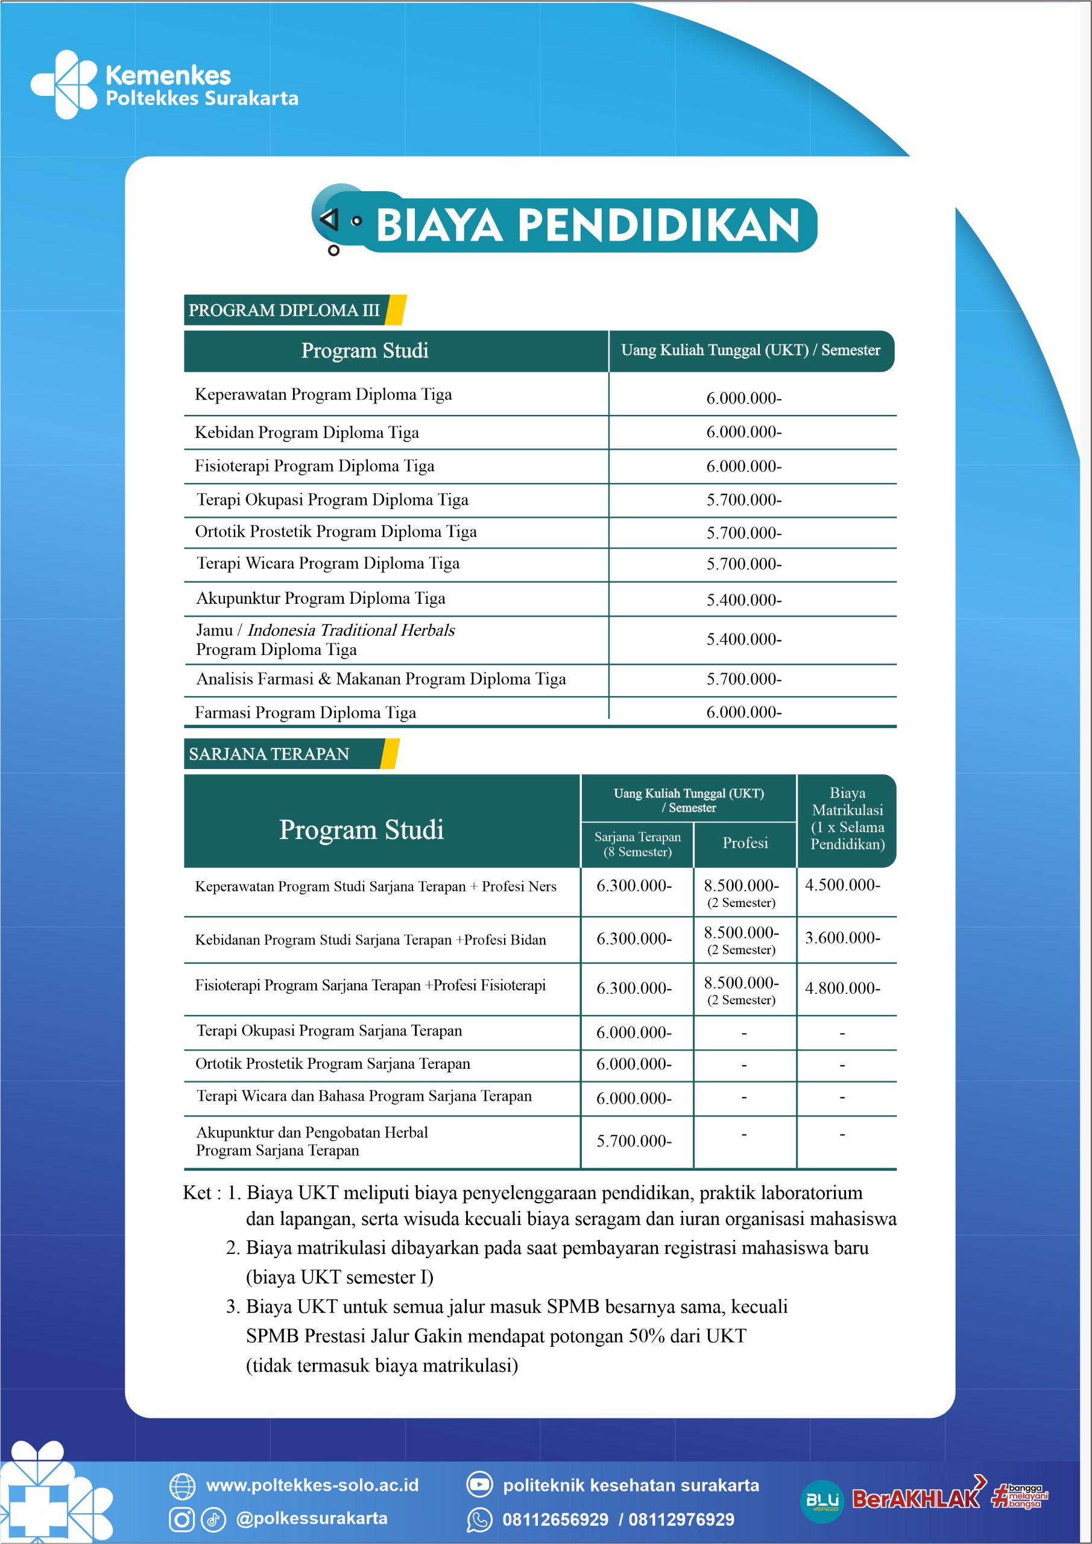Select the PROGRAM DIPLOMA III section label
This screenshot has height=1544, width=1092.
pyautogui.click(x=284, y=310)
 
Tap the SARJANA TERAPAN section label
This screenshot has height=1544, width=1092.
pyautogui.click(x=269, y=754)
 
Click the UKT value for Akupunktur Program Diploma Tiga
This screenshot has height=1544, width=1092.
pyautogui.click(x=743, y=600)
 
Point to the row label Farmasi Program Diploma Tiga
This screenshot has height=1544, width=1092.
pyautogui.click(x=305, y=712)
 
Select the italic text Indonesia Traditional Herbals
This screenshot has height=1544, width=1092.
pyautogui.click(x=351, y=630)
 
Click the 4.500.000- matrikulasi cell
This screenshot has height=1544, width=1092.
pyautogui.click(x=842, y=885)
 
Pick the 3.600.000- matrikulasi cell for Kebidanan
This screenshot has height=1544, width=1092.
pyautogui.click(x=842, y=937)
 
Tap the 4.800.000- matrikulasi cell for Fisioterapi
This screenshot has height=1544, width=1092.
pyautogui.click(x=842, y=988)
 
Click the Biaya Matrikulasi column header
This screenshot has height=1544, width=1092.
pyautogui.click(x=847, y=818)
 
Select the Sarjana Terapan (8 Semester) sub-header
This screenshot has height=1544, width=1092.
pyautogui.click(x=637, y=844)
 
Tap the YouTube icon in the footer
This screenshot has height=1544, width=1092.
pyautogui.click(x=479, y=1484)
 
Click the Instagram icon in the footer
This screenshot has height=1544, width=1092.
pyautogui.click(x=181, y=1519)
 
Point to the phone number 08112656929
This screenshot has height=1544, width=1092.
pyautogui.click(x=555, y=1519)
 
